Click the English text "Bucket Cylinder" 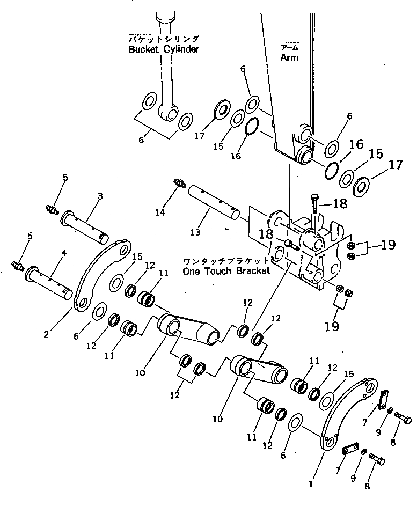coord(164,50)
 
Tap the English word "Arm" coord(289,57)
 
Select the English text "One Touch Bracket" coord(226,272)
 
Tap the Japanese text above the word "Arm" coord(289,48)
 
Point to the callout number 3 coord(100,196)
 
